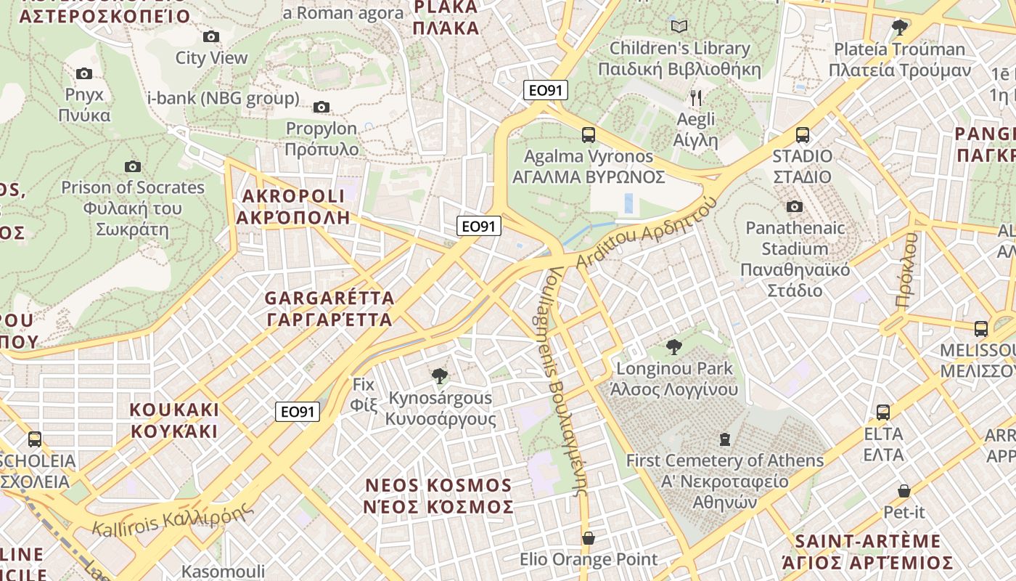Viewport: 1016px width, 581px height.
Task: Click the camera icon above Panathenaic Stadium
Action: click(795, 207)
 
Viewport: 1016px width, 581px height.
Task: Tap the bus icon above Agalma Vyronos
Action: click(589, 135)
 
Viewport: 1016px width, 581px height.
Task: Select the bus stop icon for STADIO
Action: click(802, 135)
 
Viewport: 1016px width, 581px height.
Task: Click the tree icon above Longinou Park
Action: click(673, 347)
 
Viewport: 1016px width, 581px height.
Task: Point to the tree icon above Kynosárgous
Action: click(439, 376)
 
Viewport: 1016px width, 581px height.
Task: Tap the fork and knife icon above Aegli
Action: click(695, 98)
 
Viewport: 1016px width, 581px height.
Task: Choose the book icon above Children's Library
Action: click(679, 27)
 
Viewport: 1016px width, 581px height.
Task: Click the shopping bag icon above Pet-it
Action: click(904, 491)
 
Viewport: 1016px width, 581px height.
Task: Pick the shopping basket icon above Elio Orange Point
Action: click(589, 538)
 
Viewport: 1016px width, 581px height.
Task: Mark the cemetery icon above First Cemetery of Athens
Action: click(724, 439)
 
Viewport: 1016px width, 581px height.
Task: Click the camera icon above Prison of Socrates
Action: click(132, 166)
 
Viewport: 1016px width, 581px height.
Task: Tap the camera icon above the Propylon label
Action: click(321, 107)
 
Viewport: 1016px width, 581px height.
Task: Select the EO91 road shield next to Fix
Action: click(298, 412)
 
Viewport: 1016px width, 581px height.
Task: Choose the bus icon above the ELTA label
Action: click(883, 413)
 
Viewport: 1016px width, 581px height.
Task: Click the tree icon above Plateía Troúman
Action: click(900, 28)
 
